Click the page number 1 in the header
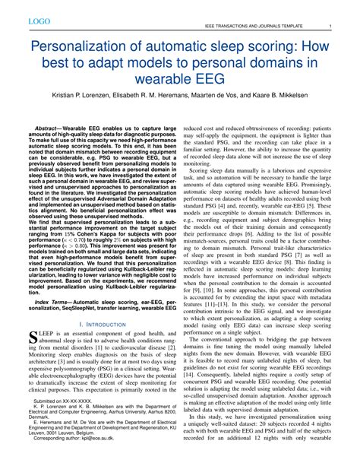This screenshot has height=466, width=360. (x=329, y=27)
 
